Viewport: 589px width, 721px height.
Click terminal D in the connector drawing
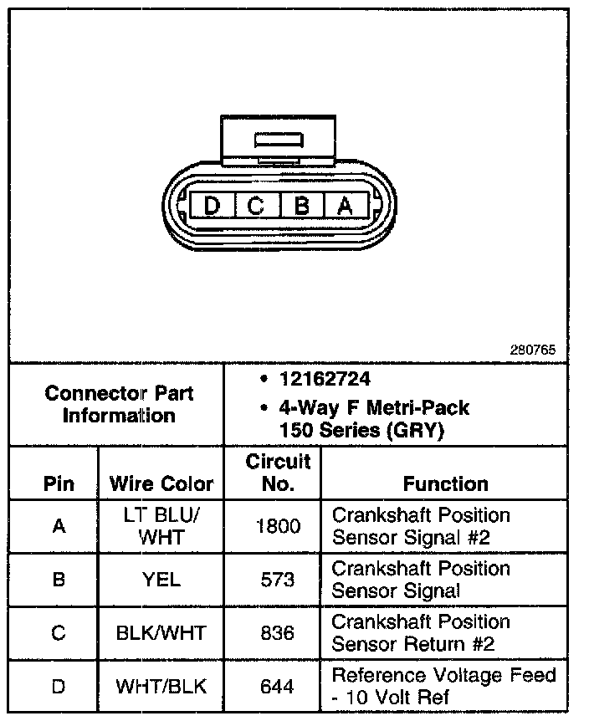[212, 205]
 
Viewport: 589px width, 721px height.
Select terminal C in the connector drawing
[256, 205]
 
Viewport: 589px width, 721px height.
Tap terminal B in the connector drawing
[300, 205]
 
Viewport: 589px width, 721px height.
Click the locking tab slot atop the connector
[279, 139]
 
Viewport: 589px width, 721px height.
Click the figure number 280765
[533, 350]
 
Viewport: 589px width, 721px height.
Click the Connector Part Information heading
[118, 404]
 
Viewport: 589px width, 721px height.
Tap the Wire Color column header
[161, 483]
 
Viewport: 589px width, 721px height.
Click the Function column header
[445, 483]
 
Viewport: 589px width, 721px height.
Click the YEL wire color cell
[161, 580]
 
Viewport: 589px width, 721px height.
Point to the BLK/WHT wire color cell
[161, 633]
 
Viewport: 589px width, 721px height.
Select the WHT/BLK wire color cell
[161, 687]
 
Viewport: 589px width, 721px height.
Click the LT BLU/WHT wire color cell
[161, 526]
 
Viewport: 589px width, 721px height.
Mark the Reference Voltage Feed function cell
[443, 686]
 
